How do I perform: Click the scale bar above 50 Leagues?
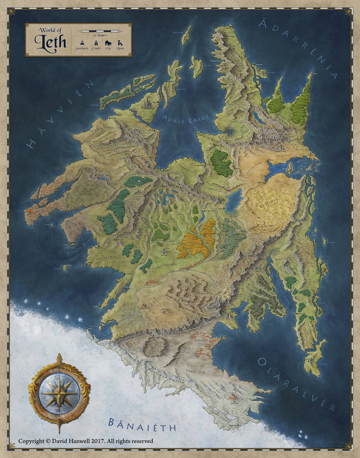(99, 31)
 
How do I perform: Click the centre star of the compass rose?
(59, 391)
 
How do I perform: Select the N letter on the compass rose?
(59, 377)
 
